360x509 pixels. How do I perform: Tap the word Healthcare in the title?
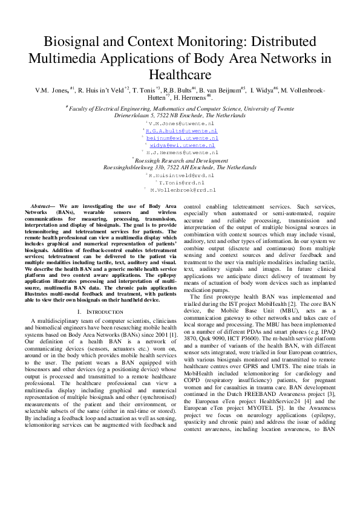(180, 75)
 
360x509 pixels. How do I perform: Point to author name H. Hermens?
(189, 97)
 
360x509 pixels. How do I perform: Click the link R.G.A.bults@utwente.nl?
(182, 130)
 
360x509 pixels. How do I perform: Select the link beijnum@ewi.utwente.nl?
(182, 138)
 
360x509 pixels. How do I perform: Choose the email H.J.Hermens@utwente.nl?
(182, 154)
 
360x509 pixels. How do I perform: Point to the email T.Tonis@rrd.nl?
(182, 181)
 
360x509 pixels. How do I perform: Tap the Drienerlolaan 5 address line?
(180, 114)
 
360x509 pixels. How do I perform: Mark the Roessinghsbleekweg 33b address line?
(180, 167)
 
